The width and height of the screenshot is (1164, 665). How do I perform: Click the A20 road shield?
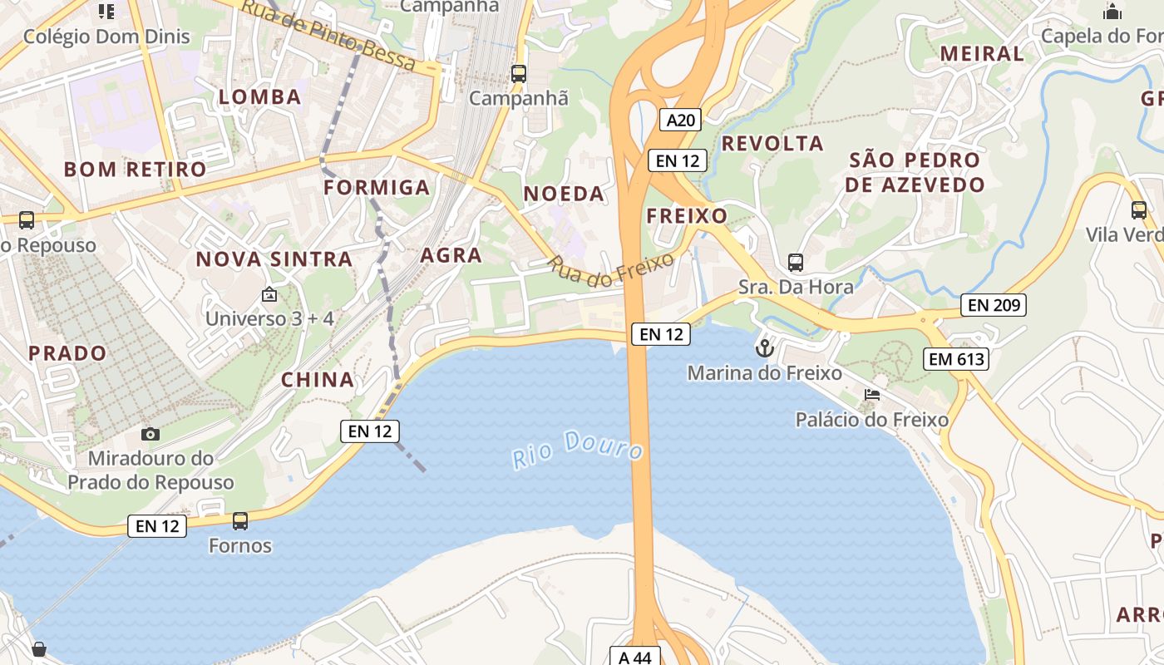coord(681,120)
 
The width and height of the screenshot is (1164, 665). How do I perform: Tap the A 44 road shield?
coord(635,657)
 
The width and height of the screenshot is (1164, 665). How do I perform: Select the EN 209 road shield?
coord(994,305)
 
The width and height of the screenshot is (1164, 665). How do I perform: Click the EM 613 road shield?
coord(956,359)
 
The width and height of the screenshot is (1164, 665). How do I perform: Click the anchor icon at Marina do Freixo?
coord(764,348)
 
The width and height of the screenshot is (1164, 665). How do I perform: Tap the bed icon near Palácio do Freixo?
coord(872,395)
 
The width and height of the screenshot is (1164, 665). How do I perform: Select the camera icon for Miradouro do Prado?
coord(150,434)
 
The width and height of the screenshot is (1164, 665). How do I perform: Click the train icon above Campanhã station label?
coord(519,73)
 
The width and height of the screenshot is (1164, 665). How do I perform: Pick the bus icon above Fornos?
coord(240,521)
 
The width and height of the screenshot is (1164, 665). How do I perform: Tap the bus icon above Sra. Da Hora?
coord(796,263)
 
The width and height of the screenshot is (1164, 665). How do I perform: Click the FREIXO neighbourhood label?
coord(687,216)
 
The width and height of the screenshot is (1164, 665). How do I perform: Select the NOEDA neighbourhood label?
coord(564,195)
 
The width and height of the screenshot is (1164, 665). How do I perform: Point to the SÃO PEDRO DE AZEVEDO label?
coord(915,172)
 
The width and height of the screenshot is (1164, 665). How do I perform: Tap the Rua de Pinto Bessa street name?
coord(328,34)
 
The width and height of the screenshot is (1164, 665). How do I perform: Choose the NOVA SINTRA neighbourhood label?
coord(274,259)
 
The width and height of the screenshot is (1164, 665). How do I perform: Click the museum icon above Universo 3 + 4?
coord(269,294)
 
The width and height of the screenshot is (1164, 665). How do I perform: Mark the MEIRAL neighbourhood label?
coord(982,54)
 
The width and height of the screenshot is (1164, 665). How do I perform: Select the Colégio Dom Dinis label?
coord(106,37)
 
